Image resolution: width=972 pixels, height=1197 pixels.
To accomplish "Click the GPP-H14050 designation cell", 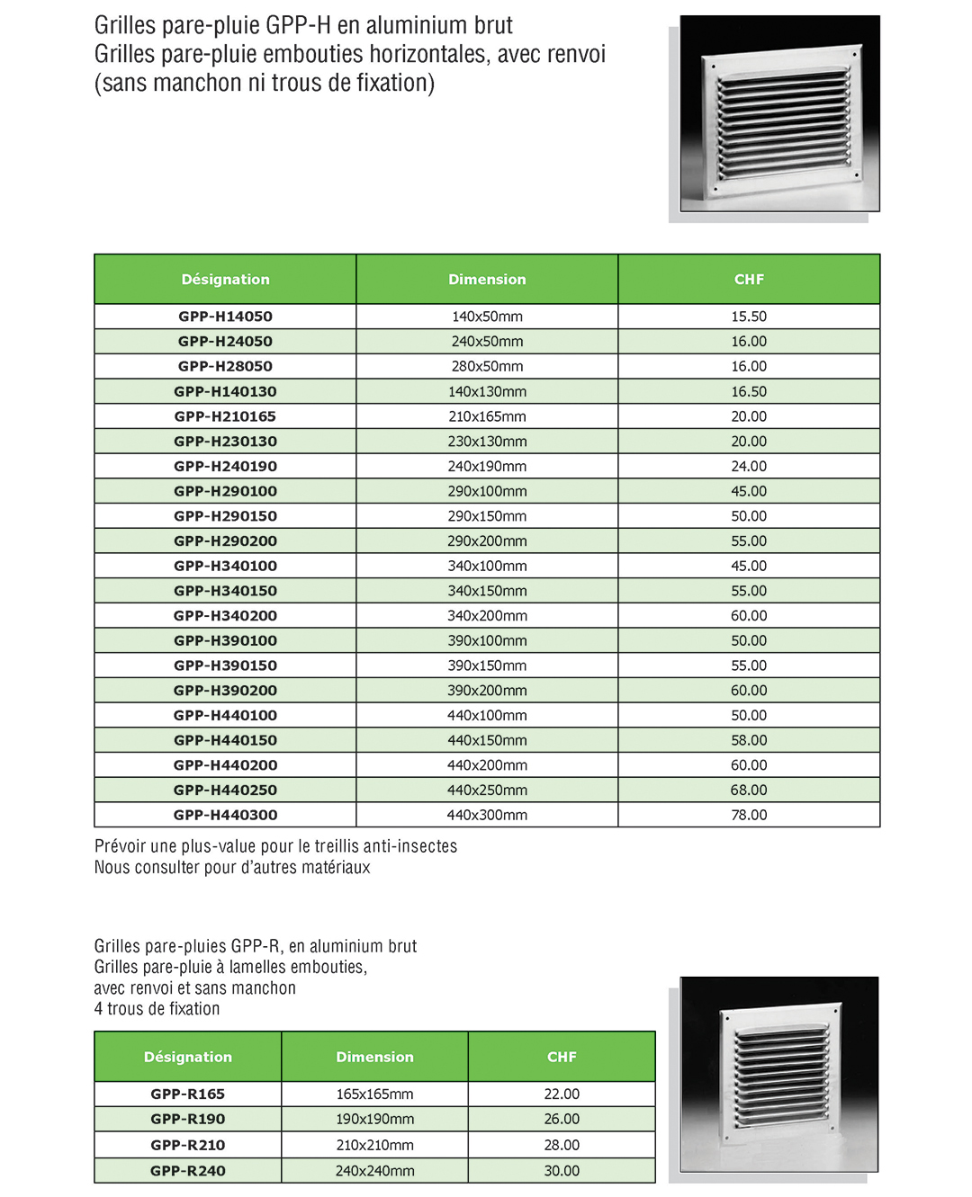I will coord(225,317).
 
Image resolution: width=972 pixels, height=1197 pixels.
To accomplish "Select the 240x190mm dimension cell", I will coord(487,466).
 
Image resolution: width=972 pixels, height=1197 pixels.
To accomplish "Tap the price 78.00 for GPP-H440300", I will coord(749,815).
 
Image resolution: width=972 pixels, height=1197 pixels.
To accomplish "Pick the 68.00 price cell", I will coord(749,790).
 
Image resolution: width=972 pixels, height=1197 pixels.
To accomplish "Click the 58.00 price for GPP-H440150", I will coord(749,740).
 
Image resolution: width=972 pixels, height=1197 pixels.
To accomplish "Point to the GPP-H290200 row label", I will coord(225,540).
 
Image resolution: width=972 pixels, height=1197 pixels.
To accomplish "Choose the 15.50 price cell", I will coord(749,317).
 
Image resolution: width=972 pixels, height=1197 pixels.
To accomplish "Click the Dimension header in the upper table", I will coord(487,280).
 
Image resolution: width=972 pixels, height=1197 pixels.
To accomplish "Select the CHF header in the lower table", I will coord(562,1057).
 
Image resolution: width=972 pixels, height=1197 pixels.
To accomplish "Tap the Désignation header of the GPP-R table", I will coord(188,1057).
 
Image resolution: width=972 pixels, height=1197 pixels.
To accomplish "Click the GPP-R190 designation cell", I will coord(188,1119).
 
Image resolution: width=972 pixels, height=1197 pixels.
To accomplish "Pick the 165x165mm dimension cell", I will coord(374,1094).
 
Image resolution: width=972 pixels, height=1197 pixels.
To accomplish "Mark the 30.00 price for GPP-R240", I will coord(562,1171).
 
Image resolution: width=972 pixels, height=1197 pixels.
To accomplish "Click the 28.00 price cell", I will coord(562,1145).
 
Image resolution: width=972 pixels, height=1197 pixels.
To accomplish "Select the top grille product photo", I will coord(779,113).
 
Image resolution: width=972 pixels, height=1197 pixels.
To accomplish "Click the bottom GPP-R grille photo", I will coord(778,1074).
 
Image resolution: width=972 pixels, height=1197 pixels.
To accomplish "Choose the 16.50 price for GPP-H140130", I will coord(749,391).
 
